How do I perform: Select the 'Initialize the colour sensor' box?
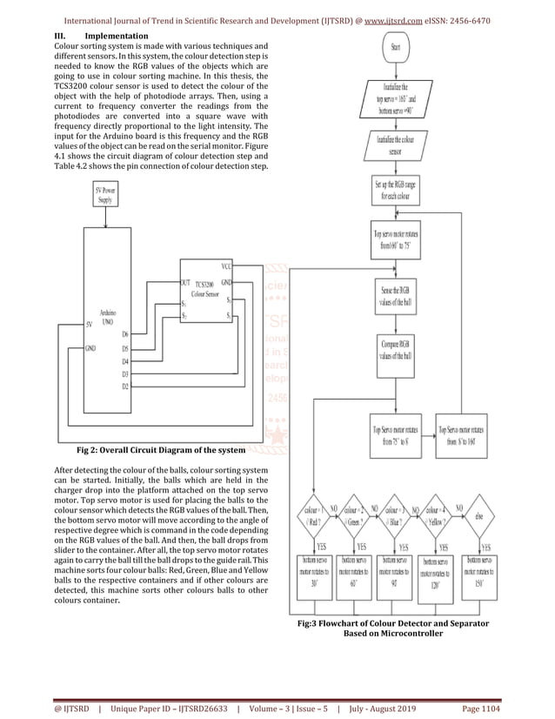pos(395,143)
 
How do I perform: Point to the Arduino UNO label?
pos(109,316)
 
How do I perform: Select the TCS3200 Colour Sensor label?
pos(204,290)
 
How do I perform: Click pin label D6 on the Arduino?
pos(125,334)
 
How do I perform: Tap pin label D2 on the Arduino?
pos(125,386)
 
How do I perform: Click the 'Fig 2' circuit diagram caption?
pos(157,453)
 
